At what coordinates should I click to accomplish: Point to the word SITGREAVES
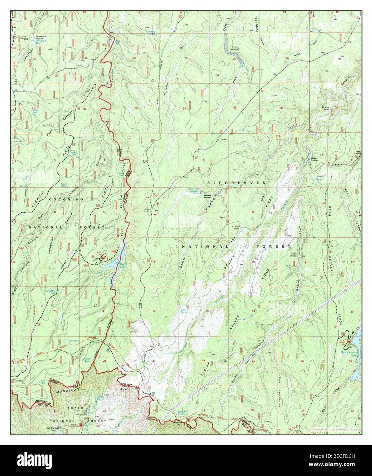tap(236, 183)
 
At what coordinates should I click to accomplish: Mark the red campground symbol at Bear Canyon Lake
tap(348, 342)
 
